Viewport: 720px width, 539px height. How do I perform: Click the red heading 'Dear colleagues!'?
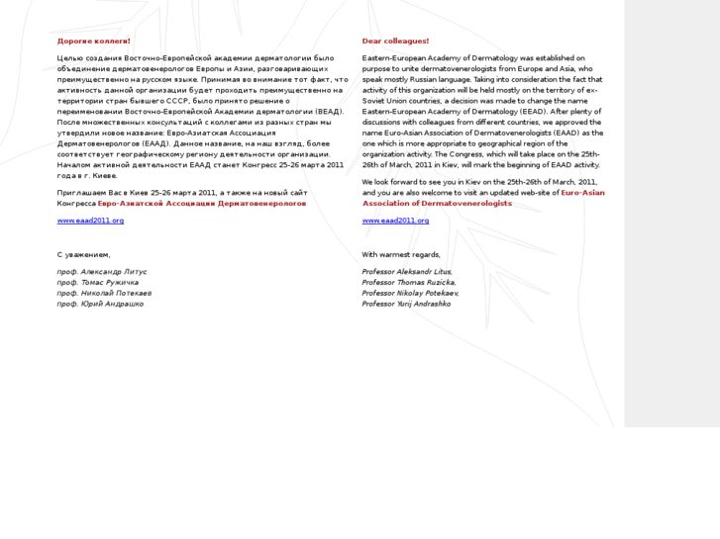(x=395, y=42)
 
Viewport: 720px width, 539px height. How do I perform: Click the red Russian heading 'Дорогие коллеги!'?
(x=93, y=42)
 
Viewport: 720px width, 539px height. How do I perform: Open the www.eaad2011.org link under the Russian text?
(x=90, y=221)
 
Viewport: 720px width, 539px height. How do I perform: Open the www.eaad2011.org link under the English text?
(x=395, y=221)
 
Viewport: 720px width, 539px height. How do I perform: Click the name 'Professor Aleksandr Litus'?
(x=407, y=271)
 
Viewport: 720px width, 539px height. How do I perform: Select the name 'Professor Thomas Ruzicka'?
(x=409, y=282)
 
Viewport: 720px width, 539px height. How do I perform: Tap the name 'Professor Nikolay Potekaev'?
(x=410, y=293)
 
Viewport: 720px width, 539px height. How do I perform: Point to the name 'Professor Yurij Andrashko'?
(x=406, y=304)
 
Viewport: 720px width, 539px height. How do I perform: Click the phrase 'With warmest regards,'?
(x=401, y=254)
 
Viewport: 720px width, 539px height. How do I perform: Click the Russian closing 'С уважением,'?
(x=83, y=254)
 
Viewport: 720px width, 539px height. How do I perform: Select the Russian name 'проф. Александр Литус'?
(x=103, y=271)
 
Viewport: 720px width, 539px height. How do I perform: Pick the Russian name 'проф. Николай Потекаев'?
(x=104, y=293)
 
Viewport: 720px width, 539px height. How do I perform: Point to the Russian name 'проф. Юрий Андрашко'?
(x=100, y=304)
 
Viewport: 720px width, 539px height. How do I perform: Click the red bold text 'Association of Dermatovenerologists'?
(x=437, y=203)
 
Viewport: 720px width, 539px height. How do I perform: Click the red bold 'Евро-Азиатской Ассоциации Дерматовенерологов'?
(x=202, y=203)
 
